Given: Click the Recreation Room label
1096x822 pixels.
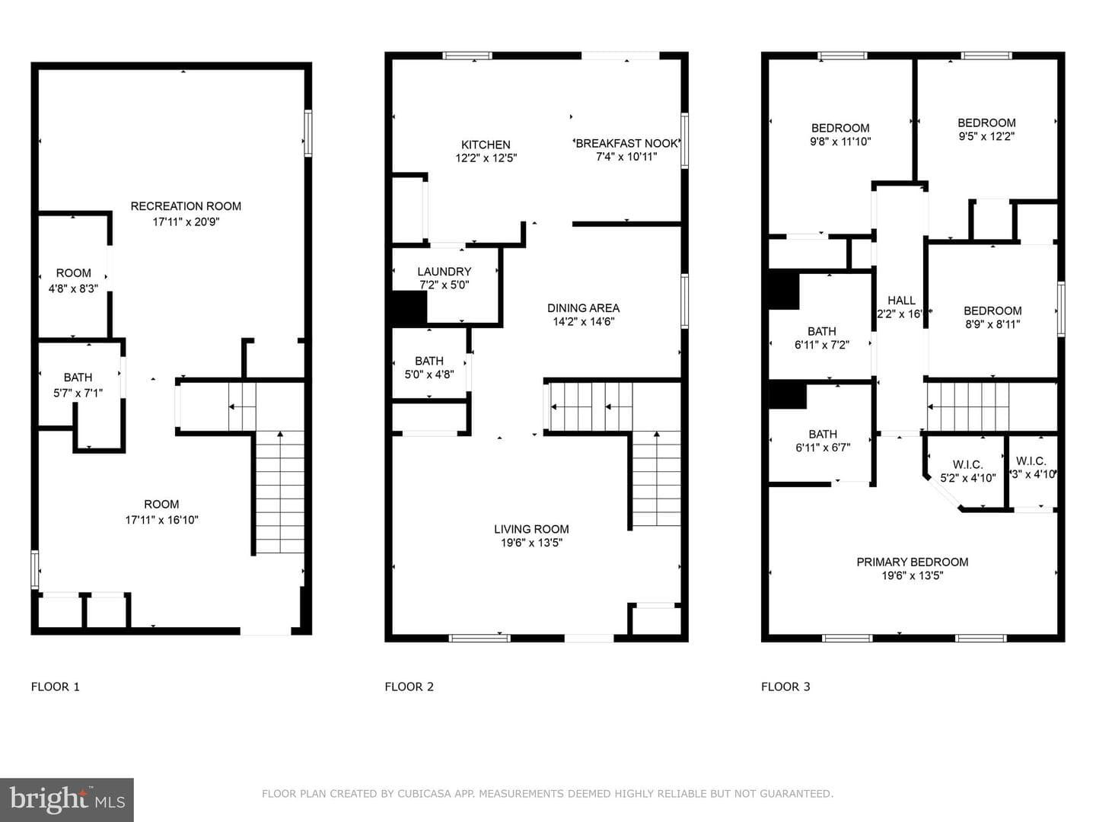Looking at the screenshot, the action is [186, 206].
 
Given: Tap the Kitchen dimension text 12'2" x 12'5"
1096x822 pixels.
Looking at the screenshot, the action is [486, 158].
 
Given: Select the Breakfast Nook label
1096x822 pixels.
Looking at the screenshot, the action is [626, 143].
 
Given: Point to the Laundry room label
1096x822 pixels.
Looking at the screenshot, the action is [444, 272].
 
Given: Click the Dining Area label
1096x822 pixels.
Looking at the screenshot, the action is [583, 308].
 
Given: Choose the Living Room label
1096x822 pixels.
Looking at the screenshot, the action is [531, 529].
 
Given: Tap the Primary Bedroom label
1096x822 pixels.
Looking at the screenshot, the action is [913, 562].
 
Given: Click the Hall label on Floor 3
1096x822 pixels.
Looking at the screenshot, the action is [901, 301].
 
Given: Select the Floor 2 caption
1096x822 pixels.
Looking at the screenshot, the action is [409, 687].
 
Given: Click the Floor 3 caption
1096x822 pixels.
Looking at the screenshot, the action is [785, 687].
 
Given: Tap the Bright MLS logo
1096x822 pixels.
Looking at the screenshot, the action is [67, 799].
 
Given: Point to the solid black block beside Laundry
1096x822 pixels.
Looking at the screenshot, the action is [409, 308].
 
